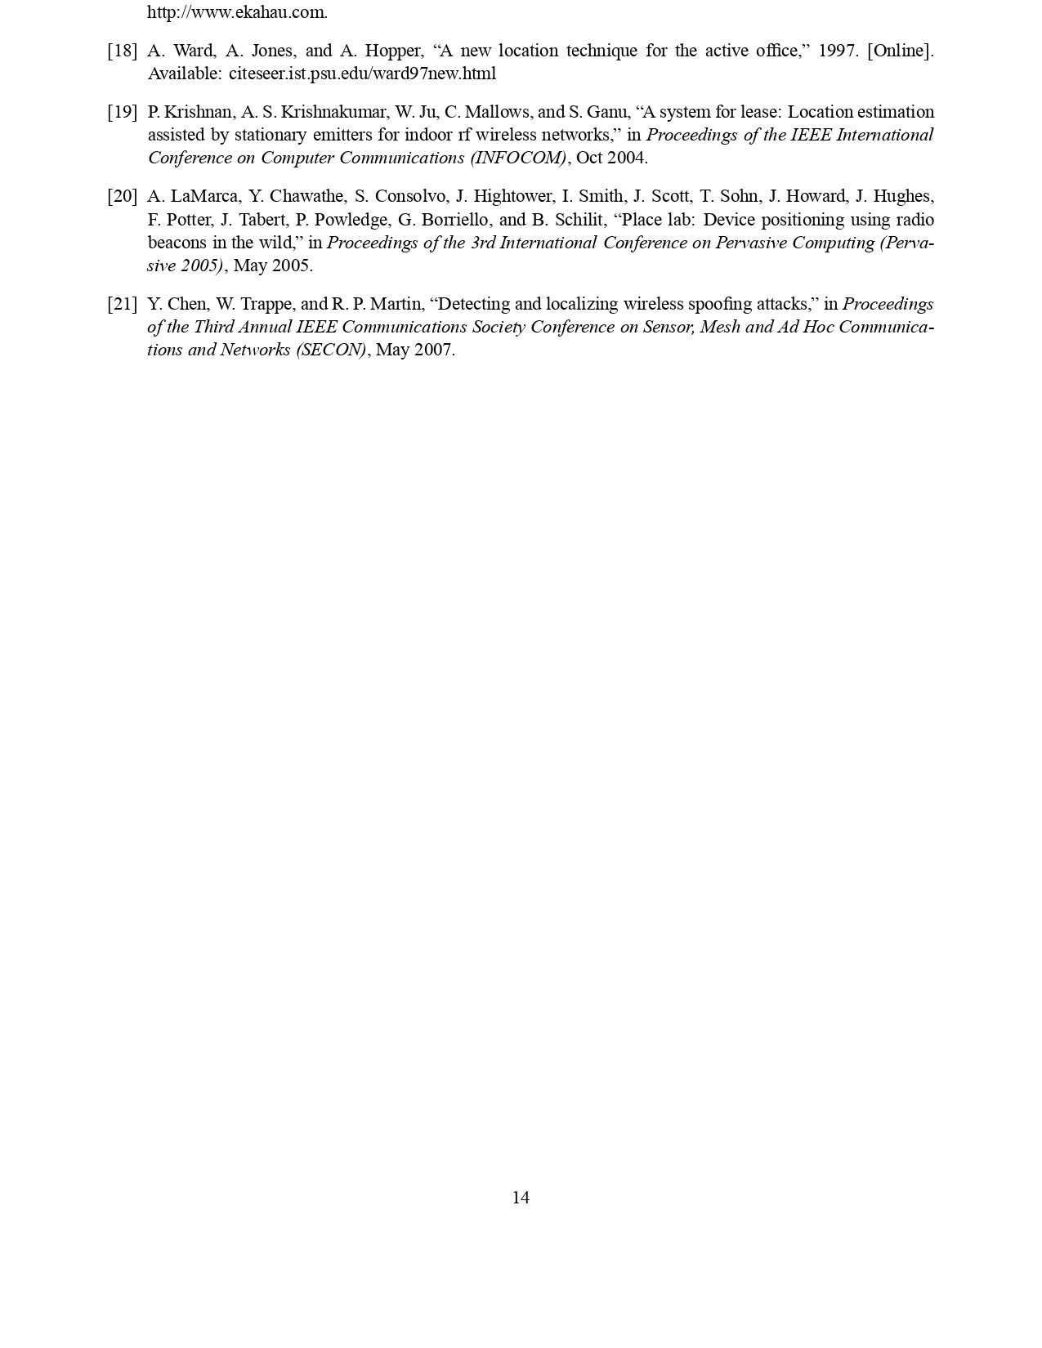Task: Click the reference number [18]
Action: [122, 51]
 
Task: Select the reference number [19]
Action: [122, 112]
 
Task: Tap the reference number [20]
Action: [122, 196]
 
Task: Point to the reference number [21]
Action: [122, 304]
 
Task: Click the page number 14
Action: [521, 1198]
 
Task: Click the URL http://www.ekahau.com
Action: [237, 12]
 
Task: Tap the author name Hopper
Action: [394, 51]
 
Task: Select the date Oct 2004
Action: [611, 158]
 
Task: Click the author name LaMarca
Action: [204, 196]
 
